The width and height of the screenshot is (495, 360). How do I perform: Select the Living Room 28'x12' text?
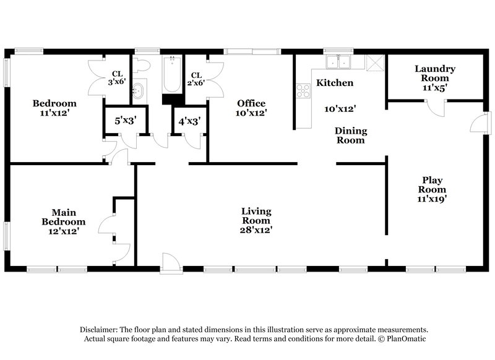256,220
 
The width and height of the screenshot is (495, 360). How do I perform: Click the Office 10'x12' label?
251,108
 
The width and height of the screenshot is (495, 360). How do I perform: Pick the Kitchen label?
335,82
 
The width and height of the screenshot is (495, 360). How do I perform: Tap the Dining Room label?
351,135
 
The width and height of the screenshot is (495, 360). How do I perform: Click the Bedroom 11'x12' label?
55,108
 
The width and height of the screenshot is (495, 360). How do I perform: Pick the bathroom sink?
138,91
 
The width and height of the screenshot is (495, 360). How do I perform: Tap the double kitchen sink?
340,62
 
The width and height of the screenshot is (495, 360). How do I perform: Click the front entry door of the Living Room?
170,262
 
